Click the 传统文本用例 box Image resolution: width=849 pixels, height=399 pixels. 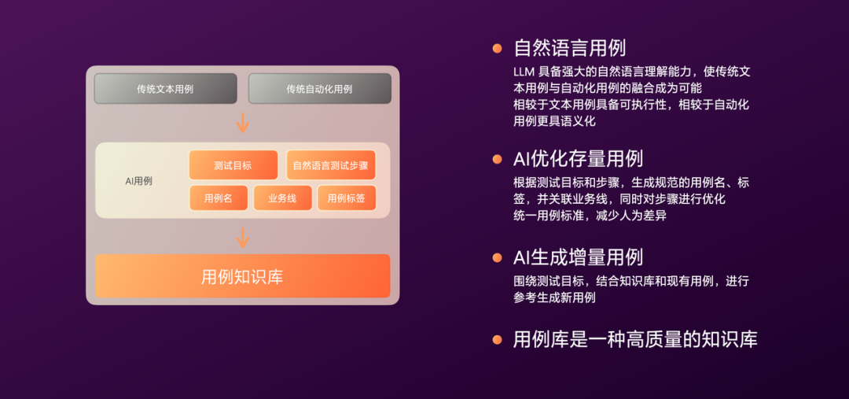[x=165, y=89]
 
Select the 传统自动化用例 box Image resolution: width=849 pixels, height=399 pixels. [x=319, y=89]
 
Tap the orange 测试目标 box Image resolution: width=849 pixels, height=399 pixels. [x=233, y=165]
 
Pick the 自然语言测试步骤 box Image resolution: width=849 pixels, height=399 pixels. [x=330, y=165]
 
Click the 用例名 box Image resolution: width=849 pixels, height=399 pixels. [x=218, y=198]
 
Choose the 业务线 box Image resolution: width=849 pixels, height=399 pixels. [x=282, y=198]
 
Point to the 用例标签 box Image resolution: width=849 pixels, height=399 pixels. [x=346, y=198]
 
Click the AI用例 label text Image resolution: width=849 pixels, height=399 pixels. [x=138, y=181]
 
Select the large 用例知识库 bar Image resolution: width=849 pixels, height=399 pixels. [x=242, y=276]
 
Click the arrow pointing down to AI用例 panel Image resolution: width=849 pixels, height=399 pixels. [x=243, y=123]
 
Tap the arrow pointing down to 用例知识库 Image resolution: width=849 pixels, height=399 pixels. [x=243, y=237]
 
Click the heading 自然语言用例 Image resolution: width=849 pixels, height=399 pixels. [x=569, y=48]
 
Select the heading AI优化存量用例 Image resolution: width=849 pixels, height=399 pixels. [x=578, y=159]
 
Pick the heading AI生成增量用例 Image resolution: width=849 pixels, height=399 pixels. [x=578, y=257]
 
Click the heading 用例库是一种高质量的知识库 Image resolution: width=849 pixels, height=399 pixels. [x=635, y=340]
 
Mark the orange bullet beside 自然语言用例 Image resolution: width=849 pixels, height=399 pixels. [x=497, y=48]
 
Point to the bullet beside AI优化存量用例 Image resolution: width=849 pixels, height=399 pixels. [x=497, y=159]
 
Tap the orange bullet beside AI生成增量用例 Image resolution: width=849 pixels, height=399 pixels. [x=497, y=257]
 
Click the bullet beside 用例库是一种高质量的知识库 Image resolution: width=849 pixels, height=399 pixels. [x=497, y=340]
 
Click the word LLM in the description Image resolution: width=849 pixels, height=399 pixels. [x=524, y=72]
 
